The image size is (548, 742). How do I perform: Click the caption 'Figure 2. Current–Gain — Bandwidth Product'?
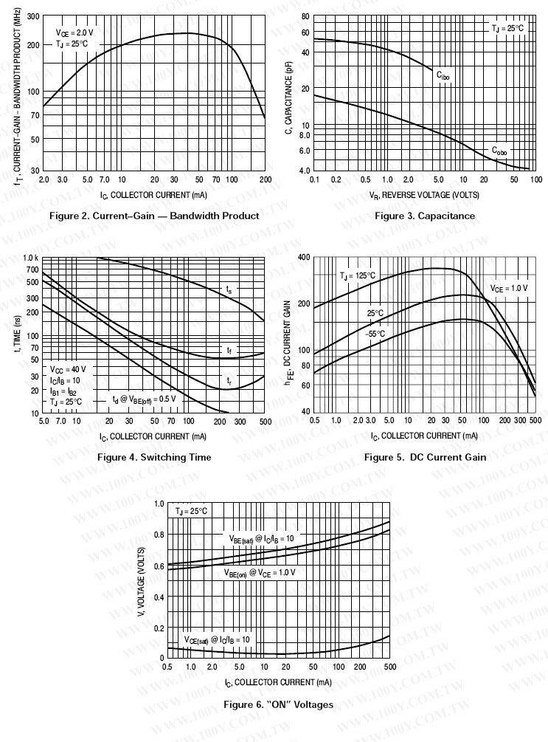click(153, 216)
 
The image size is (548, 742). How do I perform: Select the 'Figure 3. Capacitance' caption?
click(425, 216)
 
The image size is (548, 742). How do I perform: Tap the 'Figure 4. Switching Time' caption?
click(154, 457)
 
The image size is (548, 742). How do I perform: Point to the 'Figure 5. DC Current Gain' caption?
click(426, 457)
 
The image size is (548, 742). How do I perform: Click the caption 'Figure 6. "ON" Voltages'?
click(278, 704)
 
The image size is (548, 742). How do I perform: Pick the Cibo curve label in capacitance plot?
click(443, 75)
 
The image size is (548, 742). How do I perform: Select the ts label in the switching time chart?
click(229, 289)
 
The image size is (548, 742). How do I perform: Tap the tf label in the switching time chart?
click(229, 349)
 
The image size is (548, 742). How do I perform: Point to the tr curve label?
click(229, 381)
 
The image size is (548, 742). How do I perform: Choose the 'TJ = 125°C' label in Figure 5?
click(358, 276)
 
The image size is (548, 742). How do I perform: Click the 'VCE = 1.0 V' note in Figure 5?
click(509, 288)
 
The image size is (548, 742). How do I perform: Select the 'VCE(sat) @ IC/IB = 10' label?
click(217, 639)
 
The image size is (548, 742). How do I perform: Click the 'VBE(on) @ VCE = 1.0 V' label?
click(260, 572)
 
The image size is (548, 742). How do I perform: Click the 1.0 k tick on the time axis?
click(30, 258)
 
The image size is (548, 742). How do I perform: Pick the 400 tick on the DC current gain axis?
click(302, 257)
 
